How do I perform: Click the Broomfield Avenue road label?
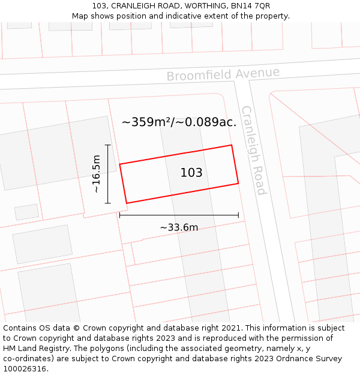click(223, 74)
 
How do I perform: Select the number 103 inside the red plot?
click(191, 173)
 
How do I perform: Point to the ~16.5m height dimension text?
click(96, 174)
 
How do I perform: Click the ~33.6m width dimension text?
click(179, 227)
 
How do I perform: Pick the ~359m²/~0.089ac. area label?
click(179, 122)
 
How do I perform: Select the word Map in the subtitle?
click(80, 16)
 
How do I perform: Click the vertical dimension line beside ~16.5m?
click(108, 174)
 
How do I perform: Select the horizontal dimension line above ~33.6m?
click(179, 215)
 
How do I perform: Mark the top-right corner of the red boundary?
click(232, 145)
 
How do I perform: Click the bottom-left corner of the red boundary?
click(126, 203)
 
